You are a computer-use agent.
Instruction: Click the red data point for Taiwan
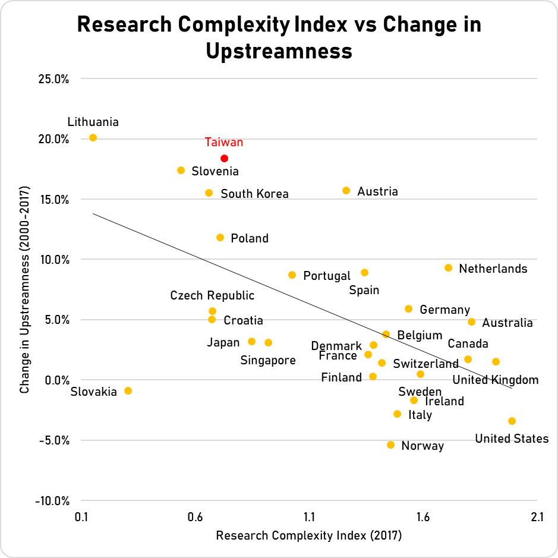coord(224,158)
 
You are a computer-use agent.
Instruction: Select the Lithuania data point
coord(93,137)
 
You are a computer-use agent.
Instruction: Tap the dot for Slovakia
coord(128,390)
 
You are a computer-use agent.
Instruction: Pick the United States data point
coord(512,421)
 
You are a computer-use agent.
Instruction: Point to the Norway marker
coord(390,444)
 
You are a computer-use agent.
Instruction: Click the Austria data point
coord(346,190)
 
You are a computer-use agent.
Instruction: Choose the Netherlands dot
coord(448,267)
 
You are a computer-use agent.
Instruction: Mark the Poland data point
coord(220,237)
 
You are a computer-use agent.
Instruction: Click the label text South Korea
coord(254,194)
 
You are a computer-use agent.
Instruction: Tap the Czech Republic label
coord(212,295)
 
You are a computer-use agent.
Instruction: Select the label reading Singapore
coord(268,360)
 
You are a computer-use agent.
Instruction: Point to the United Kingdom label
coord(496,380)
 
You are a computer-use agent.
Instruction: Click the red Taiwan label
coord(224,142)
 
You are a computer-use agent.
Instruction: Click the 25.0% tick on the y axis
coord(55,78)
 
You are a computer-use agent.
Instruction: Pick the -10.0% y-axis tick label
coord(53,500)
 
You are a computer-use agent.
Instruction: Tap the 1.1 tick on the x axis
coord(309,517)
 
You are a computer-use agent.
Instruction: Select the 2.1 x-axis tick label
coord(537,517)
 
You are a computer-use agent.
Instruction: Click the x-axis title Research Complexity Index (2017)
coord(309,535)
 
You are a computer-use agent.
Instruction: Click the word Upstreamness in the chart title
coord(279,51)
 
